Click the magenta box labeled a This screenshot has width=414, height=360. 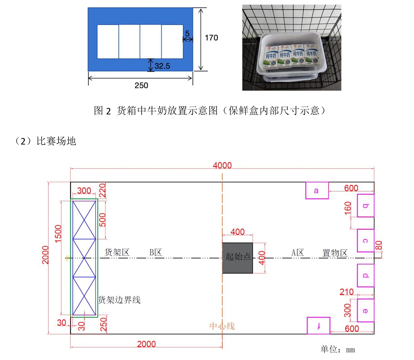click(317, 191)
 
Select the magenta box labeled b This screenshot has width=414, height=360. click(366, 206)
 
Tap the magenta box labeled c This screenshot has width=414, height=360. click(366, 240)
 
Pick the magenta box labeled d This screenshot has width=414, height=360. click(366, 275)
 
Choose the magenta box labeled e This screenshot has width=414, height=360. click(366, 310)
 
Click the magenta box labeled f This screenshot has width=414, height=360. click(318, 326)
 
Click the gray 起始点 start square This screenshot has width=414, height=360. click(237, 258)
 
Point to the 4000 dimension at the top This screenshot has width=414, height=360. click(222, 165)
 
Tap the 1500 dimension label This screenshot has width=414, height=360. click(58, 233)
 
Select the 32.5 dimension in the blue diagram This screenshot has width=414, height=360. click(162, 66)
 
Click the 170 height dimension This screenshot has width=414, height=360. click(211, 38)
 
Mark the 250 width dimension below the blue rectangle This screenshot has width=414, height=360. click(141, 85)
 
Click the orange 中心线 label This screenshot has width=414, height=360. click(222, 326)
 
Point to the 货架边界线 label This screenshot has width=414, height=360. click(119, 300)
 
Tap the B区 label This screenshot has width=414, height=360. click(155, 252)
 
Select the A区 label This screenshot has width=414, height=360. click(297, 253)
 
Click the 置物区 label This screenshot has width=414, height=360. click(335, 253)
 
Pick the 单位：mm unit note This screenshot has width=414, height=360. click(338, 349)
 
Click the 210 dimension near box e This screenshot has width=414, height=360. click(347, 292)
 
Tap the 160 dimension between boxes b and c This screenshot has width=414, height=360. click(348, 208)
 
